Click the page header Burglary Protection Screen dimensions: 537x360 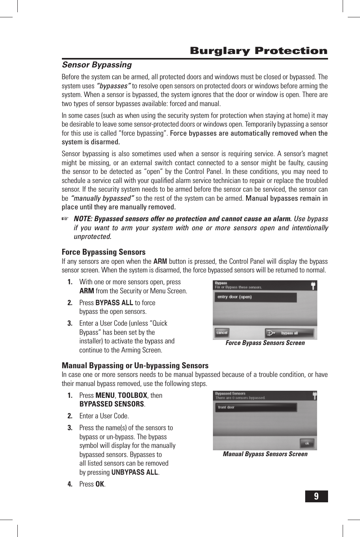tap(259, 51)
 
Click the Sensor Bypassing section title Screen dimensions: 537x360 tap(97, 65)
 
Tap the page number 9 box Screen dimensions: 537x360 tap(316, 496)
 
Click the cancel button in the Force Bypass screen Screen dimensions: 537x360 tap(222, 333)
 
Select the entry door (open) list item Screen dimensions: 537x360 tap(256, 297)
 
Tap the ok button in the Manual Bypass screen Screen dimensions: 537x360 tap(307, 443)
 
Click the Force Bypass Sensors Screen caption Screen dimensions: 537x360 tap(265, 343)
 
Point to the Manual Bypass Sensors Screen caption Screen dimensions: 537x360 tap(265, 454)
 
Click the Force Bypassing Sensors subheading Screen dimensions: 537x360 tap(103, 252)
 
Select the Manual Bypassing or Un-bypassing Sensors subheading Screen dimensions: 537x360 tap(135, 365)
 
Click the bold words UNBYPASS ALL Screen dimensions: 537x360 tap(135, 472)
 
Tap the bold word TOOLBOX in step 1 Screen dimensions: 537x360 tap(132, 395)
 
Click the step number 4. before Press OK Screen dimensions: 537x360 tap(70, 484)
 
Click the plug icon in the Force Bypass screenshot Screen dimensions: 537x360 tap(313, 285)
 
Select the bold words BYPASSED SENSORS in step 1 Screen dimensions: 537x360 tap(112, 404)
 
